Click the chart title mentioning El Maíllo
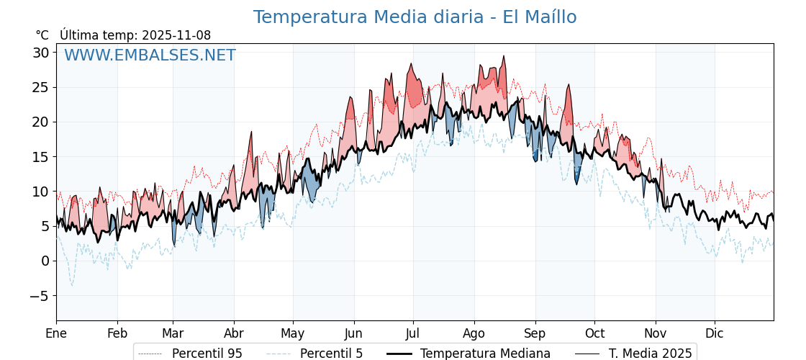tap(415, 17)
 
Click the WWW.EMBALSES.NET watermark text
tap(150, 55)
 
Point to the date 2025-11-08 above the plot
tap(176, 35)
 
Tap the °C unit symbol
tap(42, 35)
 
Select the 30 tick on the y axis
tap(40, 53)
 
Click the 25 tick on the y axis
tap(40, 87)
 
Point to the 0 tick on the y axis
tap(45, 261)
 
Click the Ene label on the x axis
tap(56, 333)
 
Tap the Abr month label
tap(234, 333)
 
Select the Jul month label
tap(413, 333)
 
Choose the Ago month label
tap(474, 333)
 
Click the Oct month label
tap(594, 333)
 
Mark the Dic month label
tap(715, 333)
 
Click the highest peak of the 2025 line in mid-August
tap(504, 56)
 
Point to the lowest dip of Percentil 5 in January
tap(71, 285)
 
